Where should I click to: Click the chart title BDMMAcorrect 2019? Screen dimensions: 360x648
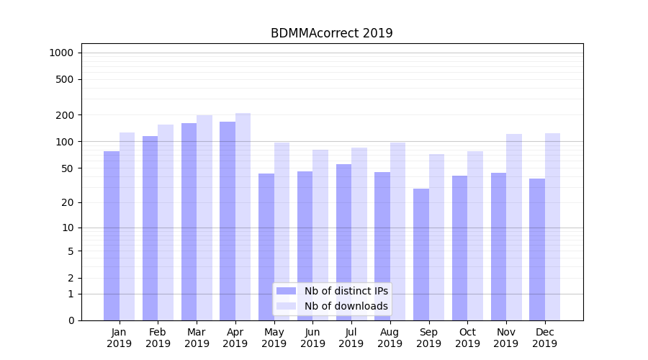tap(331, 33)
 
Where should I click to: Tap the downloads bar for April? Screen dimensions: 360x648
tap(243, 216)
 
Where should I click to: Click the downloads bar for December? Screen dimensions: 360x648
tap(552, 226)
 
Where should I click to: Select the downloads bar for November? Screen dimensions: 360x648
tap(513, 227)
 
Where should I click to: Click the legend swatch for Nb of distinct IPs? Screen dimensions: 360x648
tap(286, 291)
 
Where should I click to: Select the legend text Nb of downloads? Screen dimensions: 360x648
tap(346, 306)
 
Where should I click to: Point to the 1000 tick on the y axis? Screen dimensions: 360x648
tap(61, 53)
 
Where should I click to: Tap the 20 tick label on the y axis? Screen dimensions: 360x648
tap(68, 202)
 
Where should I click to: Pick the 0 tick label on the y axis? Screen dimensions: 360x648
tap(71, 320)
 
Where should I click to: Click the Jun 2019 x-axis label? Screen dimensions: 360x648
tap(312, 338)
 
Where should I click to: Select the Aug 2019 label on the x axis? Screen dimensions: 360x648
tap(390, 338)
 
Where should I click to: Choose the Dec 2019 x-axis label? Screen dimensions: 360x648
tap(545, 338)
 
